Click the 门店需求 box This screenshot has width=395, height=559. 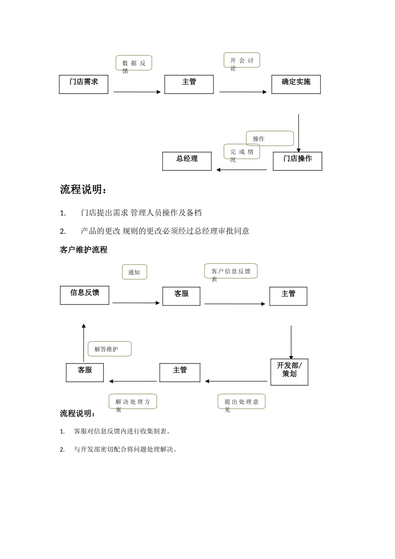pos(84,84)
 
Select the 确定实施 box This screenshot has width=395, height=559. pos(296,84)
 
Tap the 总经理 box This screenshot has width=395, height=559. pos(187,161)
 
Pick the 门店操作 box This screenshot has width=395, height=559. pos(297,161)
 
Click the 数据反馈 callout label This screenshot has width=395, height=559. pos(134,63)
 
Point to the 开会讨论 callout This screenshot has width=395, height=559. pos(242,60)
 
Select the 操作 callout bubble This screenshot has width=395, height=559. pos(270,139)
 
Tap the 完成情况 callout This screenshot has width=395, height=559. pos(242,152)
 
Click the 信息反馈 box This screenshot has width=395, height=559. pos(84,295)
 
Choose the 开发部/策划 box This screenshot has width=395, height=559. pos(289,372)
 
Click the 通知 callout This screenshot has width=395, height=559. pos(134,272)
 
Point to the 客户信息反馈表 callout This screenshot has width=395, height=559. pos(231,271)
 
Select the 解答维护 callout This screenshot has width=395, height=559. pos(109,349)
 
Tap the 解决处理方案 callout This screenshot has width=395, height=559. pos(133,402)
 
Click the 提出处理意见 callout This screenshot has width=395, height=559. pos(242,402)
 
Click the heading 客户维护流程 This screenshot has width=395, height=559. pos(84,250)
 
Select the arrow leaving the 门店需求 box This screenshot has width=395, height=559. pos(137,92)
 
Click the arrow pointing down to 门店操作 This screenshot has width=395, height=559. pos(299,133)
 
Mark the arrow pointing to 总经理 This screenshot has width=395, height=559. pos(242,170)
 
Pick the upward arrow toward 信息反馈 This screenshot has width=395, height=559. pos(84,343)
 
